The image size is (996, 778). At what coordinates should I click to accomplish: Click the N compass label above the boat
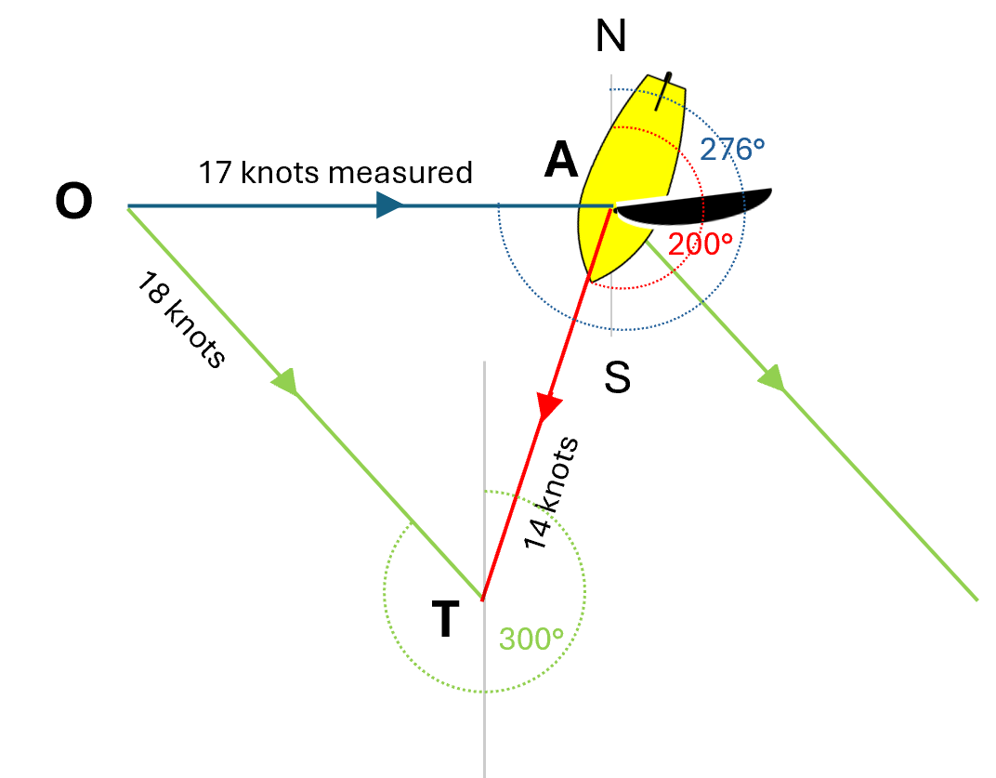pyautogui.click(x=610, y=37)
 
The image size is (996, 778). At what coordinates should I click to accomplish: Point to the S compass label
pyautogui.click(x=617, y=377)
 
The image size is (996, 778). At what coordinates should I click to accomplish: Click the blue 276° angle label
pyautogui.click(x=732, y=150)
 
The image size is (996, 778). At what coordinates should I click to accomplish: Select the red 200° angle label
pyautogui.click(x=701, y=244)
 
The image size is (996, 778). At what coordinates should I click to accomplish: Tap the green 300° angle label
pyautogui.click(x=531, y=640)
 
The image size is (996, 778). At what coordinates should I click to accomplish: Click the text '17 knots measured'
pyautogui.click(x=335, y=173)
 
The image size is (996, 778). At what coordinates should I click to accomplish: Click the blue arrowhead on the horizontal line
pyautogui.click(x=389, y=205)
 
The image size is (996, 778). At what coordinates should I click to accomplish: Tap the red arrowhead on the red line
pyautogui.click(x=548, y=406)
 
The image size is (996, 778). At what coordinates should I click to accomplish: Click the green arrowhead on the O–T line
pyautogui.click(x=285, y=381)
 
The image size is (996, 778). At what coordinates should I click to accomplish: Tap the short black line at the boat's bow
pyautogui.click(x=663, y=91)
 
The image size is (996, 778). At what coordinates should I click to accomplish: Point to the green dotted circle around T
pyautogui.click(x=384, y=591)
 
